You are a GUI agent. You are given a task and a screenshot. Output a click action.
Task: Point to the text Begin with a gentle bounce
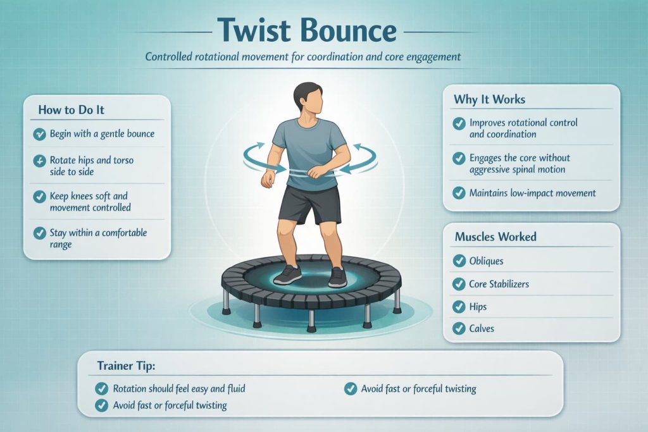point(102,134)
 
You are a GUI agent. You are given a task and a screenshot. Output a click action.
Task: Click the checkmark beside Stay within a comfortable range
point(40,233)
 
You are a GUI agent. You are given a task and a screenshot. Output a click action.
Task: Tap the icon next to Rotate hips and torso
point(40,161)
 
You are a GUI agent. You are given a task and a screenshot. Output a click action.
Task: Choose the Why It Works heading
point(489,99)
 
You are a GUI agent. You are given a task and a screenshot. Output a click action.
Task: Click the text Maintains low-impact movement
point(532,192)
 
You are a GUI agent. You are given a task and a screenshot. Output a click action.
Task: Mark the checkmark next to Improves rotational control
point(459,123)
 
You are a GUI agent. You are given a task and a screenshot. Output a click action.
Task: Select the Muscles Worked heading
point(495,237)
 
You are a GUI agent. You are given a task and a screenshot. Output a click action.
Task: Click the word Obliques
point(487,261)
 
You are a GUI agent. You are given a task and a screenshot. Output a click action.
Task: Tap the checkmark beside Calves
point(459,328)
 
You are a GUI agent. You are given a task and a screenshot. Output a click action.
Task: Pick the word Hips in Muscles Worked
point(478,306)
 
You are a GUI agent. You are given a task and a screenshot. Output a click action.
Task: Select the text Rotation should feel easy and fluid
point(179,388)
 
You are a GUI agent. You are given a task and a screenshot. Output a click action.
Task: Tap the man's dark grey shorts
point(309,202)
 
